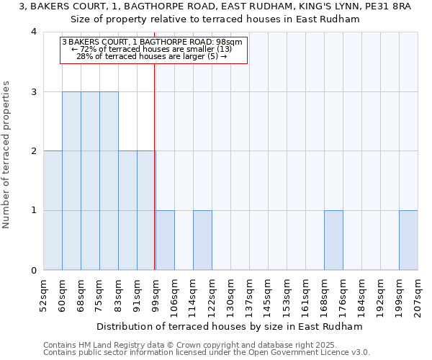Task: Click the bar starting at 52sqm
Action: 53,210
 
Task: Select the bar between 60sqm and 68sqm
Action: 71,181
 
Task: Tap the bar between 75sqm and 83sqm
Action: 109,181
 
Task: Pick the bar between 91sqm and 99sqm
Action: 146,210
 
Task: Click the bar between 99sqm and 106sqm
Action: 165,240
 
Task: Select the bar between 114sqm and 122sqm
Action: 202,240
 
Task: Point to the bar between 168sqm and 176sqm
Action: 333,240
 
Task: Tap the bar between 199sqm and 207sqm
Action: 408,240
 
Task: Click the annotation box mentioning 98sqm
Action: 153,50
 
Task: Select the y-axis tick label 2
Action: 34,151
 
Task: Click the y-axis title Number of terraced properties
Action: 6,155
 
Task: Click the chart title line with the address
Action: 216,6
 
